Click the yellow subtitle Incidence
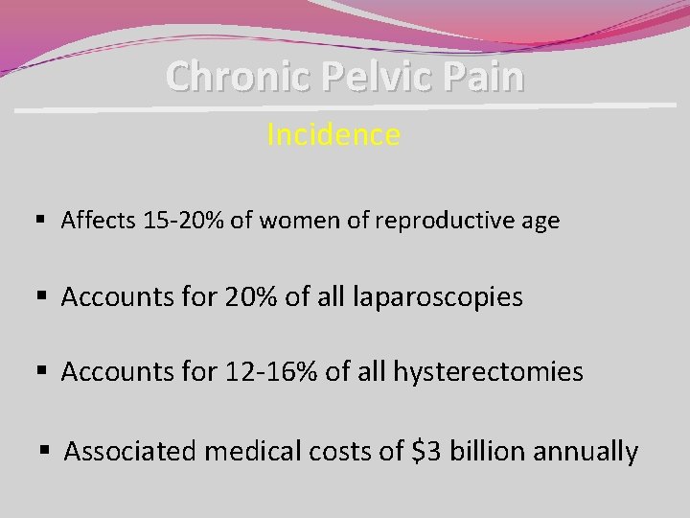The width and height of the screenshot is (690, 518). (x=333, y=135)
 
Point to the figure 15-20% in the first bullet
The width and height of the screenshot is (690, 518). (x=181, y=221)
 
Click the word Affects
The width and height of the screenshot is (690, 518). (x=97, y=221)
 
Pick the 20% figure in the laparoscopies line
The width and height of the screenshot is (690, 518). (x=247, y=296)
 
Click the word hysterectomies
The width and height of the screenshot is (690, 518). (x=488, y=371)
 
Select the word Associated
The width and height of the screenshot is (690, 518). (x=132, y=451)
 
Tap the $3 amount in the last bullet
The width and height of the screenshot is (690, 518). (x=425, y=451)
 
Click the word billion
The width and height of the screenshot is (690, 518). (x=484, y=451)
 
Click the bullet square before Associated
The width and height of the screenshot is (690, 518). (x=44, y=450)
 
